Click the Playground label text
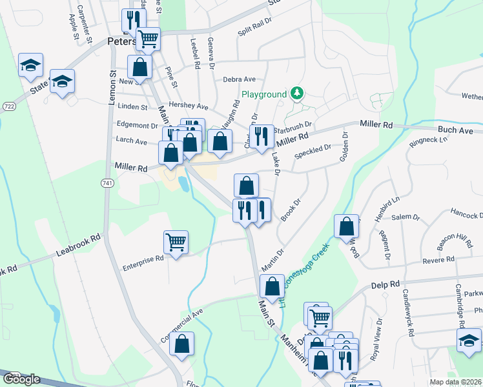(264, 94)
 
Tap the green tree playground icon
(297, 94)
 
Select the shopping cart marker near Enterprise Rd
(176, 243)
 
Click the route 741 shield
(107, 184)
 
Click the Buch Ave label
(456, 130)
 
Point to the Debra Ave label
(240, 79)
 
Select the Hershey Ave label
(188, 105)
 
